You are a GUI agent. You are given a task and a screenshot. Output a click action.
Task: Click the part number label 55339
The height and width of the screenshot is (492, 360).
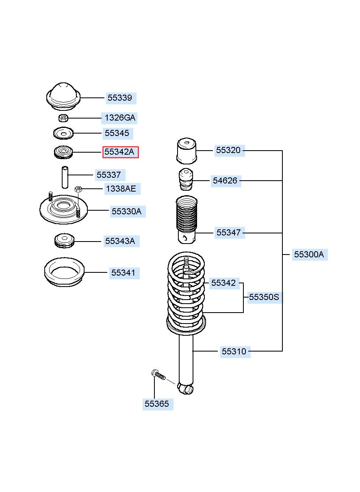coord(120,98)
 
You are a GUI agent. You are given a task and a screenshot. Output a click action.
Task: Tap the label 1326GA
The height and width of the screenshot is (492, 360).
coord(119,118)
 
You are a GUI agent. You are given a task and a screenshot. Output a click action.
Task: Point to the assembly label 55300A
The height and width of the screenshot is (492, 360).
coord(310,255)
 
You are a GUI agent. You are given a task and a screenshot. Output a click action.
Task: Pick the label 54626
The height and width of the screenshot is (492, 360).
coord(226,181)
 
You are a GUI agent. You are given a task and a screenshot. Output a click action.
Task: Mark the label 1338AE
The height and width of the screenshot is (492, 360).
coord(121,189)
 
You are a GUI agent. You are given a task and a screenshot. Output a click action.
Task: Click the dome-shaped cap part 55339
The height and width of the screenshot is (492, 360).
coord(63,96)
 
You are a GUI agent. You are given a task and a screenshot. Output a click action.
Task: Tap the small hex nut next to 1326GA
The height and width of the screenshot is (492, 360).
coord(63,118)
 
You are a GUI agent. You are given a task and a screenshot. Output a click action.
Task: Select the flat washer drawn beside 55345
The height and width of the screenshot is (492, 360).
coord(63,133)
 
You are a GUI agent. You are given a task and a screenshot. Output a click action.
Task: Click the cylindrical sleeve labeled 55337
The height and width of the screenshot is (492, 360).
coord(65,177)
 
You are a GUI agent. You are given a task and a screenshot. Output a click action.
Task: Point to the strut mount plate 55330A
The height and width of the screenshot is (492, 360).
coord(63,209)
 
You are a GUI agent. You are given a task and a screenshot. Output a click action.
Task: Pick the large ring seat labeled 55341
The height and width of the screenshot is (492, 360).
coord(64,272)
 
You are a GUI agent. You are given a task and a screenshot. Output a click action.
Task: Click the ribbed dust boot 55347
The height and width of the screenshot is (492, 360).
coord(187,220)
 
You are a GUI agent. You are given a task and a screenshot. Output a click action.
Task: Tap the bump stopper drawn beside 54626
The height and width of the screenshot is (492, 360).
coord(186,179)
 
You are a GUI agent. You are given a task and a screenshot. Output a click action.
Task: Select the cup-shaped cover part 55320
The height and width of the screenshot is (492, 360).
coord(187,151)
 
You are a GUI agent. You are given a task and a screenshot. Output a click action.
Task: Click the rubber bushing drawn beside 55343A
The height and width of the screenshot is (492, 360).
coord(64,241)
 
